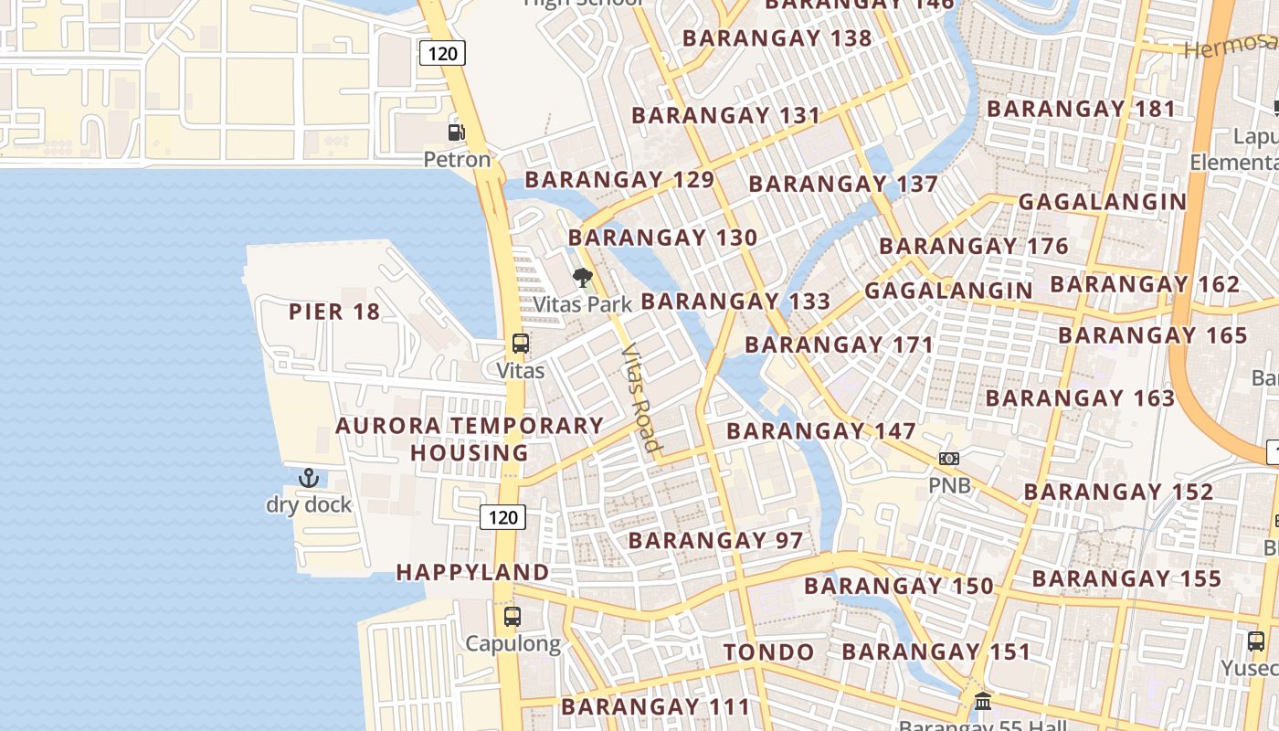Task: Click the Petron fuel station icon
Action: point(456,132)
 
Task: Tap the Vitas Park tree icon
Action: point(582,278)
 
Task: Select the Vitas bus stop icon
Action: point(520,344)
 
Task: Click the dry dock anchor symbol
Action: point(309,477)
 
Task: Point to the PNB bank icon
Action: point(949,458)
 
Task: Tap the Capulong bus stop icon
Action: point(513,617)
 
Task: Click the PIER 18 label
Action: point(334,312)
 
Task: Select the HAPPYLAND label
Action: point(472,573)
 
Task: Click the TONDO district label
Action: point(768,652)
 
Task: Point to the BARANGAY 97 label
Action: point(715,540)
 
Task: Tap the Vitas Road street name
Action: point(639,397)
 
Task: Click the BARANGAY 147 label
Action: point(820,431)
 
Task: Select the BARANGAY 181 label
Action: point(1081,109)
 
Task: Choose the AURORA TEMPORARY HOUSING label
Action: point(470,439)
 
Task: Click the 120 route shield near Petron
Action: point(442,53)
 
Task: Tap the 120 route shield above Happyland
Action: point(502,517)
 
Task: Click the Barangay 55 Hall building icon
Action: point(983,702)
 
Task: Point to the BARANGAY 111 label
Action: point(655,706)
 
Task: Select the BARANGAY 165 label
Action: point(1152,335)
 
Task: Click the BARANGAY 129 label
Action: point(618,179)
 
